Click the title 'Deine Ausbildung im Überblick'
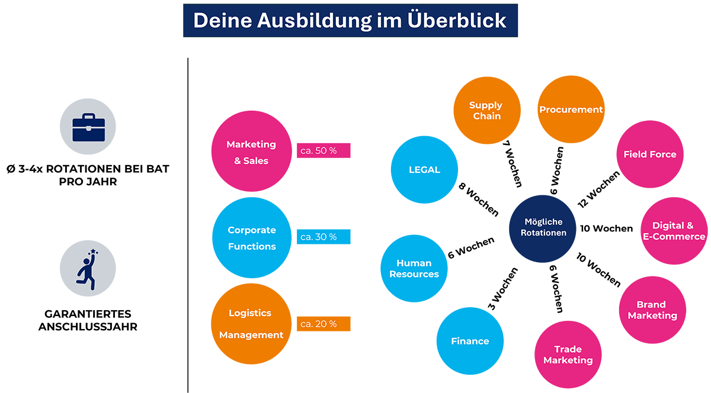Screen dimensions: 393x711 [350, 20]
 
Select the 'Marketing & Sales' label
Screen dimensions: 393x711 [251, 152]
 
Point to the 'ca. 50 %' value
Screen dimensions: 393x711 [318, 150]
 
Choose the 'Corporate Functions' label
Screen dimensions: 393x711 [252, 238]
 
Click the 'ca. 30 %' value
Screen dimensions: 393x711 [318, 237]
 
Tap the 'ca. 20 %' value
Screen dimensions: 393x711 [318, 324]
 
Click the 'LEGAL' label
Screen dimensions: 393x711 [424, 170]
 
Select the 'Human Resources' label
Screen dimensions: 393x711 [414, 268]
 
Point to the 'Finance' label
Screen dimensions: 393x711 [470, 341]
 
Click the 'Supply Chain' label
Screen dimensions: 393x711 [486, 110]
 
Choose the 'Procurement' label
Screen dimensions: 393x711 [571, 109]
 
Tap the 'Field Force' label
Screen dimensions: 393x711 [649, 154]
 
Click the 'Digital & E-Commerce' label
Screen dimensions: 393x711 [674, 231]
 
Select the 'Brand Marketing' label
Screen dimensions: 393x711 [652, 310]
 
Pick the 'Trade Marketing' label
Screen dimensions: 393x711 [568, 355]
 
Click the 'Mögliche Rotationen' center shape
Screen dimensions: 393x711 [543, 227]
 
